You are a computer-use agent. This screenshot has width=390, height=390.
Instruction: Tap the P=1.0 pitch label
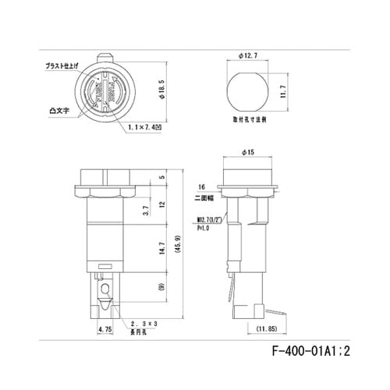(x=204, y=229)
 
